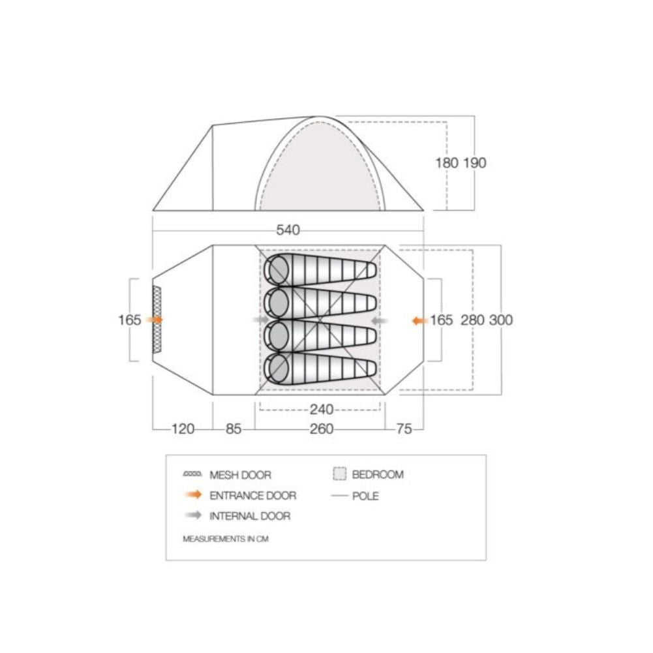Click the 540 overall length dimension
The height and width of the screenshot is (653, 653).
(x=288, y=230)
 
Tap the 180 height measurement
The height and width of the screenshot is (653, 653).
(x=447, y=162)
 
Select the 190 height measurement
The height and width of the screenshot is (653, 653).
(x=475, y=162)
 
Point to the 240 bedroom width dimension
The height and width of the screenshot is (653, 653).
(x=322, y=410)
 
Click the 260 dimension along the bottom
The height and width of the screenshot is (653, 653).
(x=322, y=429)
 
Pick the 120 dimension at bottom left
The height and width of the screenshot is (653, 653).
(x=183, y=429)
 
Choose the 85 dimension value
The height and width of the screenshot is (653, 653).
(x=234, y=429)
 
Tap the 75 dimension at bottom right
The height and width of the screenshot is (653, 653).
(x=404, y=429)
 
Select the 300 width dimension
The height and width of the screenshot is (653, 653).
(x=501, y=320)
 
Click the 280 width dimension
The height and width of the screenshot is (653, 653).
(x=473, y=320)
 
